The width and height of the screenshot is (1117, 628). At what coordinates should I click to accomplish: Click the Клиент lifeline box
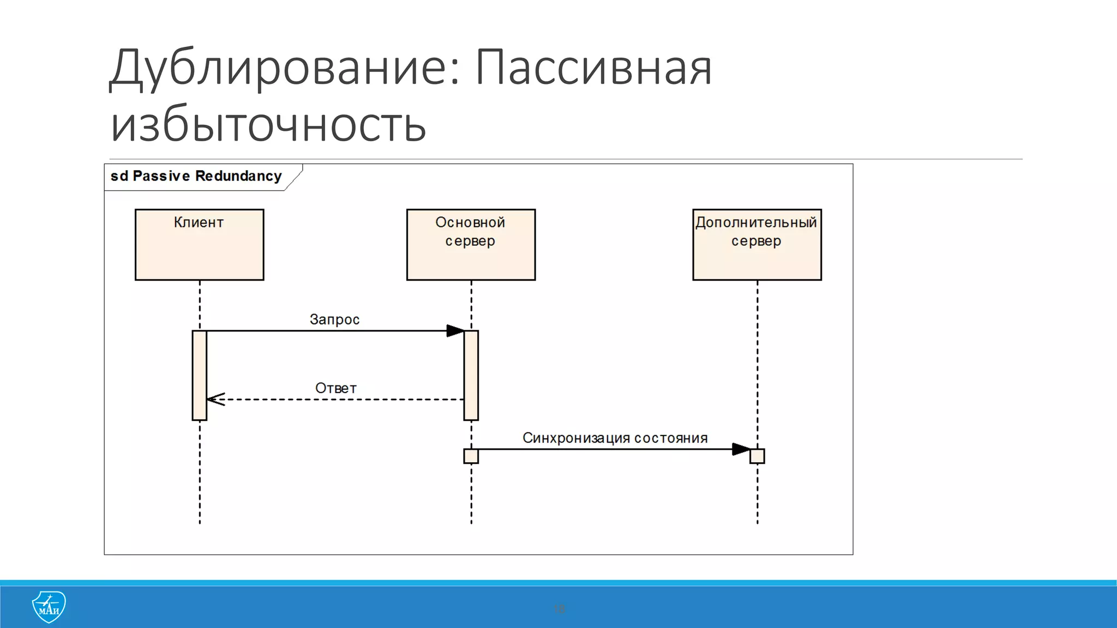pyautogui.click(x=199, y=245)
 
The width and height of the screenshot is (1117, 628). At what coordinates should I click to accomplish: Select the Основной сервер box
pyautogui.click(x=471, y=245)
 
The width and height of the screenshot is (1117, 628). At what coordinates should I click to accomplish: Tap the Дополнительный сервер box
pyautogui.click(x=756, y=245)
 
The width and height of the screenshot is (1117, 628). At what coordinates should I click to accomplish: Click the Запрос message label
pyautogui.click(x=334, y=319)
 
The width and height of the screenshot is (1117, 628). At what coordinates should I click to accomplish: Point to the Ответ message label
pyautogui.click(x=336, y=388)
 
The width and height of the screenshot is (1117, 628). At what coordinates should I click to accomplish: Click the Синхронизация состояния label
pyautogui.click(x=615, y=438)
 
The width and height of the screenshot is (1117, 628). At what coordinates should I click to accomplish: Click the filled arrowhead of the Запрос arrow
pyautogui.click(x=455, y=331)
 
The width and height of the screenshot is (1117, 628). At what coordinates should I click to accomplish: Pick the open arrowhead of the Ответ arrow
pyautogui.click(x=215, y=400)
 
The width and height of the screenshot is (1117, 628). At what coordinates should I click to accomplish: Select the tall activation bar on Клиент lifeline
pyautogui.click(x=200, y=375)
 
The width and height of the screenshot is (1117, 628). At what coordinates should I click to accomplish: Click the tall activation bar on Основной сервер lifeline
pyautogui.click(x=471, y=375)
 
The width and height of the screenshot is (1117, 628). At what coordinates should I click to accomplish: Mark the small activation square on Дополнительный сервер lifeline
pyautogui.click(x=757, y=456)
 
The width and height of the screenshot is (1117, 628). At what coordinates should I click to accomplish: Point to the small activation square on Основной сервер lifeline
pyautogui.click(x=471, y=456)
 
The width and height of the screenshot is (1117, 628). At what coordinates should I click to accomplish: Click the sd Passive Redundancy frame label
pyautogui.click(x=196, y=176)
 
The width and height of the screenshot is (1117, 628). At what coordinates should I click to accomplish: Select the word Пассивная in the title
pyautogui.click(x=593, y=68)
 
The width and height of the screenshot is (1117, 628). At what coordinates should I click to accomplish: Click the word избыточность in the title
pyautogui.click(x=268, y=125)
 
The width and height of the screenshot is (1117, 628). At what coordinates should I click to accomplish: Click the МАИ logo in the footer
pyautogui.click(x=49, y=607)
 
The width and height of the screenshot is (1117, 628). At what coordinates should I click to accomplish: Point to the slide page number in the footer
pyautogui.click(x=559, y=608)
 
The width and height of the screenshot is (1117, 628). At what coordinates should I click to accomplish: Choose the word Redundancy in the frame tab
pyautogui.click(x=238, y=176)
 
